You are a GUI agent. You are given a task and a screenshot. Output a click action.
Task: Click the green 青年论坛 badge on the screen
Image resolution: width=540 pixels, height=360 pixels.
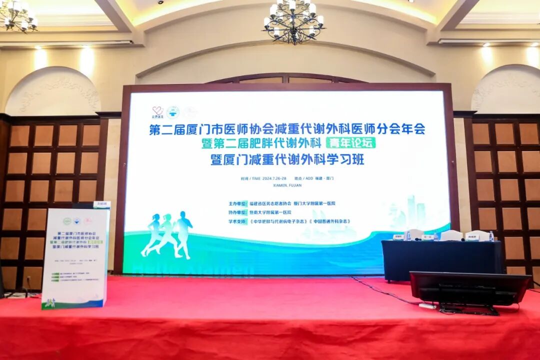pos(350,143)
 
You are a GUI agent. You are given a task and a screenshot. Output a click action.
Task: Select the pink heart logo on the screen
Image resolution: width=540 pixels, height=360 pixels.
pos(158,111)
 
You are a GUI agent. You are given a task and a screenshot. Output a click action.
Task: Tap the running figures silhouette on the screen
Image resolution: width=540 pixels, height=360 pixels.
pos(167,235)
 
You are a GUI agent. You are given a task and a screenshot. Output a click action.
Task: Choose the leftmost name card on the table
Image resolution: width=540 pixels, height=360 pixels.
pos(398,237)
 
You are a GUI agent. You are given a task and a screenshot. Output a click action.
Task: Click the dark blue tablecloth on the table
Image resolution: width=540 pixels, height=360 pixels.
pos(440,260)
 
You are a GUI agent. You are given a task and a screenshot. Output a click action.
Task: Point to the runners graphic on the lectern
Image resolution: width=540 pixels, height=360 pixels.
pos(50,302)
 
